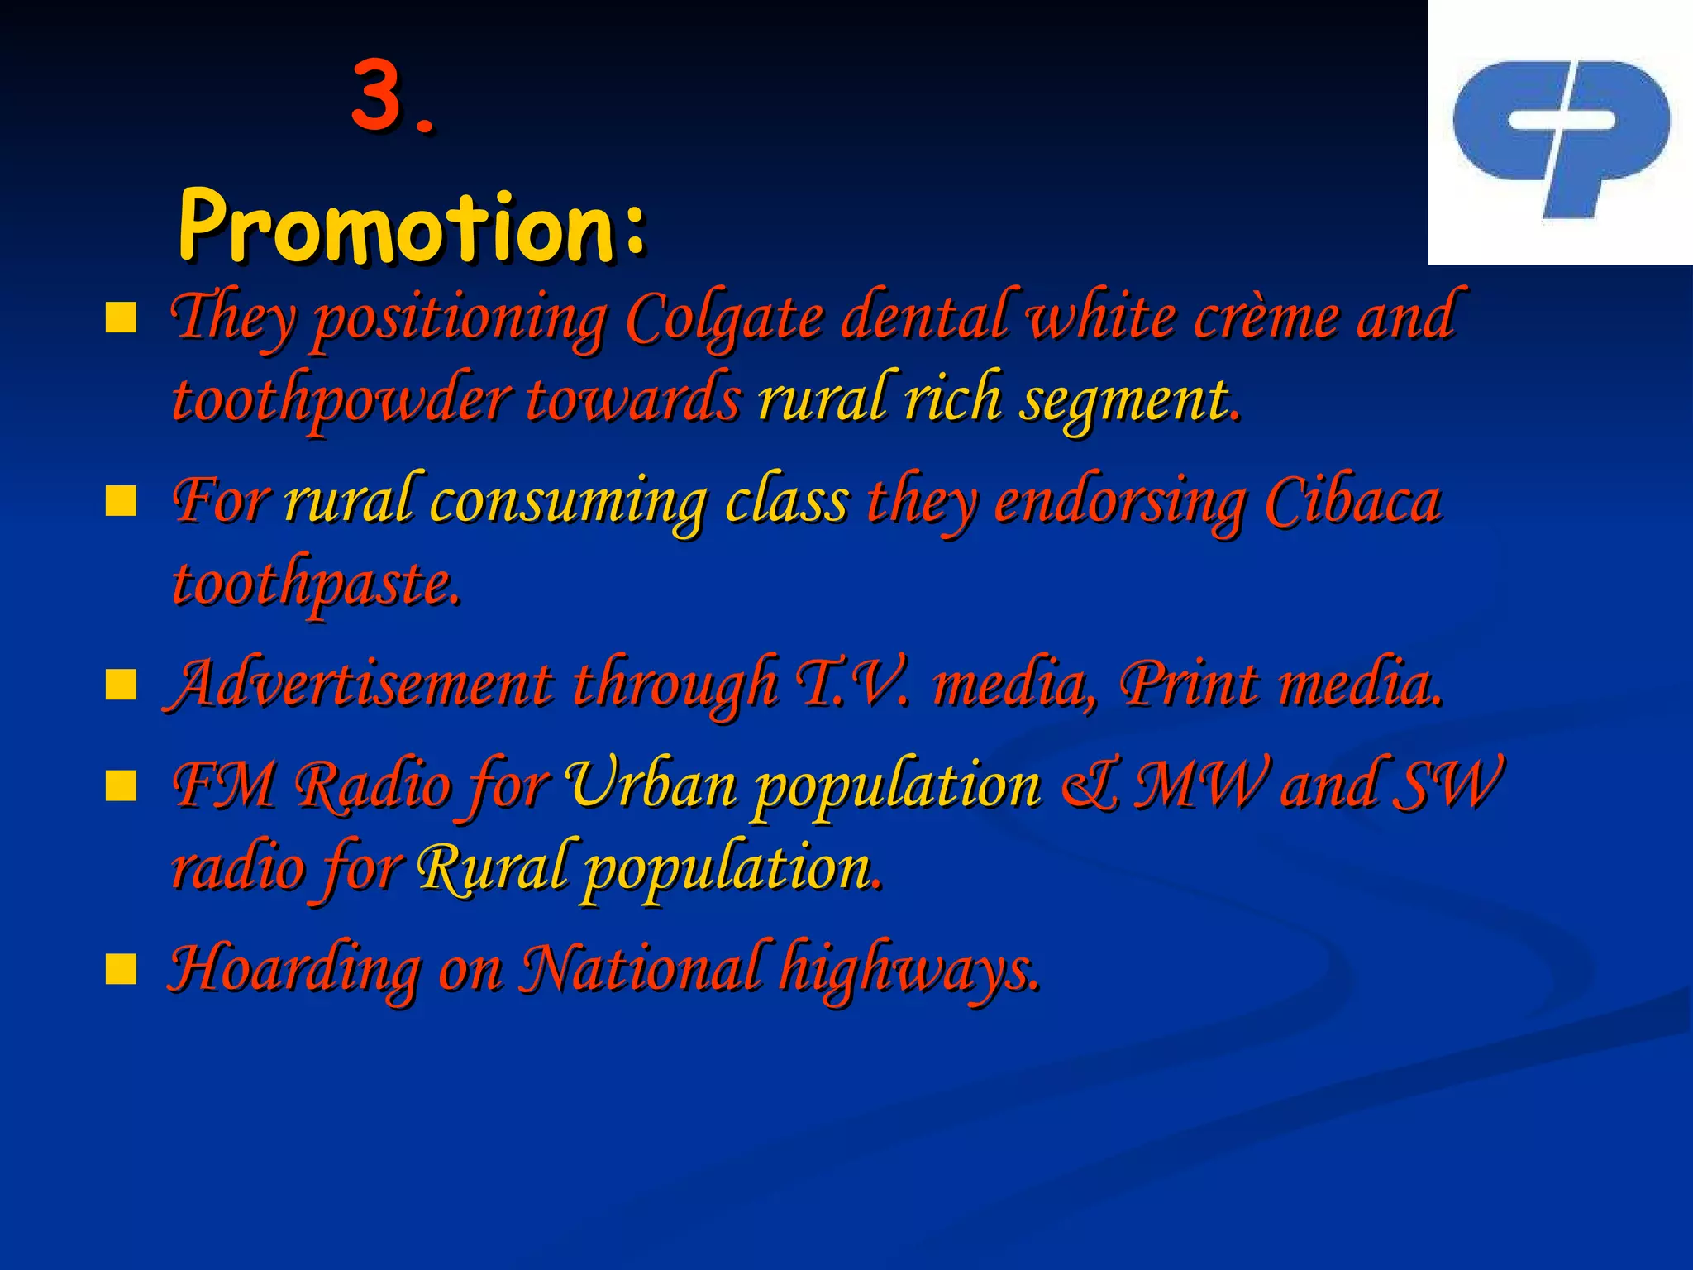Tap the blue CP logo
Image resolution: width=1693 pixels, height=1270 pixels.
coord(1561,136)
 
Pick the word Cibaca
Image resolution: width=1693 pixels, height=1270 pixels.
coord(1353,502)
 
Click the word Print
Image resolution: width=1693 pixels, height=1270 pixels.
coord(1188,684)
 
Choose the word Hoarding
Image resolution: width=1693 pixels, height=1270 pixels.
coord(293,969)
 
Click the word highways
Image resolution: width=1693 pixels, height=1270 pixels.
coord(909,969)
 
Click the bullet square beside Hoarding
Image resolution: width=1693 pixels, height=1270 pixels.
coord(121,969)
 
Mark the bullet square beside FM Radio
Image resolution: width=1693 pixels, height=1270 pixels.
coord(121,786)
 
